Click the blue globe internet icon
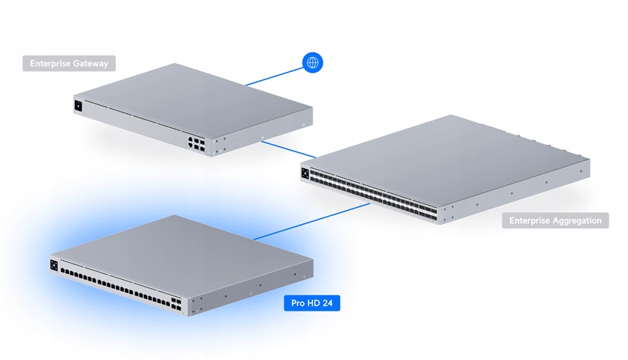(313, 63)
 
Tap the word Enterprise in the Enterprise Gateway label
(50, 64)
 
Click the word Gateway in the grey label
(90, 64)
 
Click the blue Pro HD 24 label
(311, 303)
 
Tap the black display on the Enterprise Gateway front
(78, 105)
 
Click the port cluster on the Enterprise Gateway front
(196, 142)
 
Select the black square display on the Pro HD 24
(54, 264)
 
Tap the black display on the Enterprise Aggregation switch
(305, 173)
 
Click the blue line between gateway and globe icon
(273, 75)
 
